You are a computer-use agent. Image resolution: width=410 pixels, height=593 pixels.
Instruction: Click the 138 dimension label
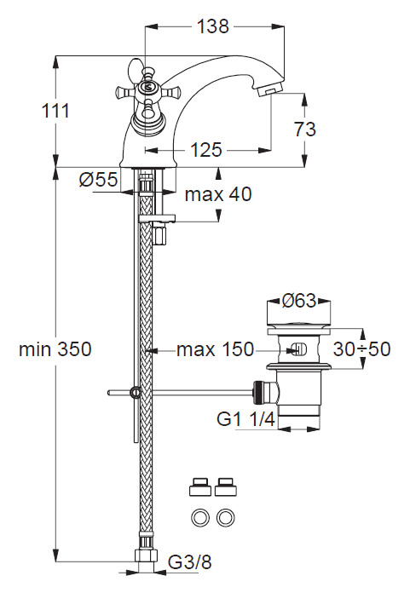(212, 26)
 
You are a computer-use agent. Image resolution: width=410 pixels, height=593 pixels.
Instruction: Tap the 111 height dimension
(27, 110)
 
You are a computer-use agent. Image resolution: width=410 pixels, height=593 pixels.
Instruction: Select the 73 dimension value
(303, 129)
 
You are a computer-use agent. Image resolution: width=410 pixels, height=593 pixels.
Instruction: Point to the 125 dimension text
(205, 151)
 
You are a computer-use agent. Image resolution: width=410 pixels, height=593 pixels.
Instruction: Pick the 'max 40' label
(218, 194)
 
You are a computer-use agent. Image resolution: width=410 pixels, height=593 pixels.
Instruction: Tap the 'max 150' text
(216, 349)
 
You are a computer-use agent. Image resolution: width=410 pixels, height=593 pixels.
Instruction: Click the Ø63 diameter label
(299, 301)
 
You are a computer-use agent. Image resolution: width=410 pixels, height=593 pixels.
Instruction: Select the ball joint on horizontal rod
(135, 393)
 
